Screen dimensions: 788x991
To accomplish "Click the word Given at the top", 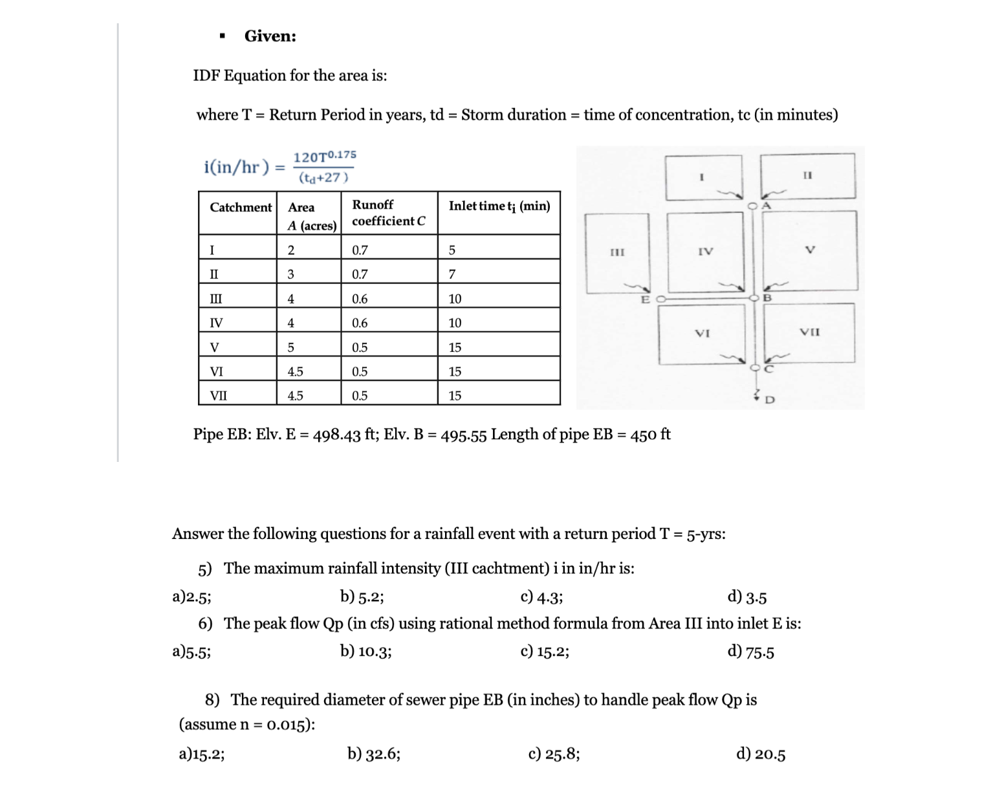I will [270, 36].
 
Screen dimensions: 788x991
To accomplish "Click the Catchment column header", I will [240, 207].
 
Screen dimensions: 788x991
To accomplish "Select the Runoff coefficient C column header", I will [388, 213].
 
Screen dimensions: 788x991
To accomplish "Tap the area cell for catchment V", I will [291, 347].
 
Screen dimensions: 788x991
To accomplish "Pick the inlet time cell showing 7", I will [452, 274].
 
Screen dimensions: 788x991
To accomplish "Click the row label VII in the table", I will [219, 395].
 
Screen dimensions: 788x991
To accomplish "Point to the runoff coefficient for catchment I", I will [360, 250].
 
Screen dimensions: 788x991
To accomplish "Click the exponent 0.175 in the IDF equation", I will [342, 155].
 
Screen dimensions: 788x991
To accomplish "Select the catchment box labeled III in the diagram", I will [616, 252].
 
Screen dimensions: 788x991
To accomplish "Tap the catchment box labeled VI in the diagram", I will [702, 334].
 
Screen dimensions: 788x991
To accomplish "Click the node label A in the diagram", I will [767, 205].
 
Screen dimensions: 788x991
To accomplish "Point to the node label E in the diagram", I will [644, 300].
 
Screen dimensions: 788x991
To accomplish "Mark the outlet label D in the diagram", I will [769, 400].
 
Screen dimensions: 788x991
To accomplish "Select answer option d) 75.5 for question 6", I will [750, 651].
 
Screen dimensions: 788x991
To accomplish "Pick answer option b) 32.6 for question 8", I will [373, 754].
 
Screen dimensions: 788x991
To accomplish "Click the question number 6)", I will [205, 624].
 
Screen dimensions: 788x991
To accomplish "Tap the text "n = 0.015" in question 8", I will [273, 725].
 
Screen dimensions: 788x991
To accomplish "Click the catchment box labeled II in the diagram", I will [807, 175].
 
